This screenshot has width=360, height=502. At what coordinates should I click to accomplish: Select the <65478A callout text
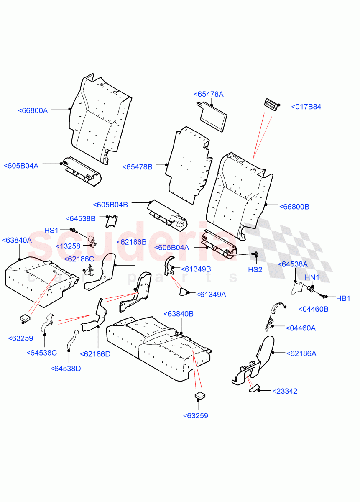(x=208, y=95)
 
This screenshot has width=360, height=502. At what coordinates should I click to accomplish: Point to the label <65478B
(x=138, y=167)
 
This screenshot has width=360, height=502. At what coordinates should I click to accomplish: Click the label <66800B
(x=294, y=207)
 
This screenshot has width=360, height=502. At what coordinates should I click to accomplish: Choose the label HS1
(x=51, y=231)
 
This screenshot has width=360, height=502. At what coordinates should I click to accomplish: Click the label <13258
(x=68, y=246)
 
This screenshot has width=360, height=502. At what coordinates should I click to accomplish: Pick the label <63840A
(x=17, y=241)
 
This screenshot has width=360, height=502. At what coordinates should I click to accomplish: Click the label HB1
(x=343, y=298)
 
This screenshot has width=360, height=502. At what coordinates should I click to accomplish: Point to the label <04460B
(x=313, y=309)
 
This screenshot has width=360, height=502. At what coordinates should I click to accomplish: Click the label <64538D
(x=66, y=369)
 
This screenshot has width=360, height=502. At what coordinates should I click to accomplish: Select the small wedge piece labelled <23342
(x=255, y=389)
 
